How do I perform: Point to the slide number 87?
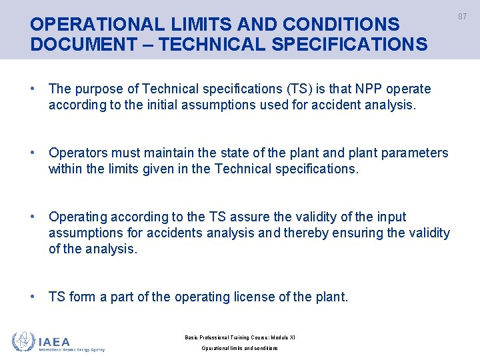click(x=463, y=17)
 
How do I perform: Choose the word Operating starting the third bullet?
click(x=78, y=217)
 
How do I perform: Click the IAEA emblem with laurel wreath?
click(x=24, y=342)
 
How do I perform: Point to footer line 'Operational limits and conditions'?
click(x=239, y=349)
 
